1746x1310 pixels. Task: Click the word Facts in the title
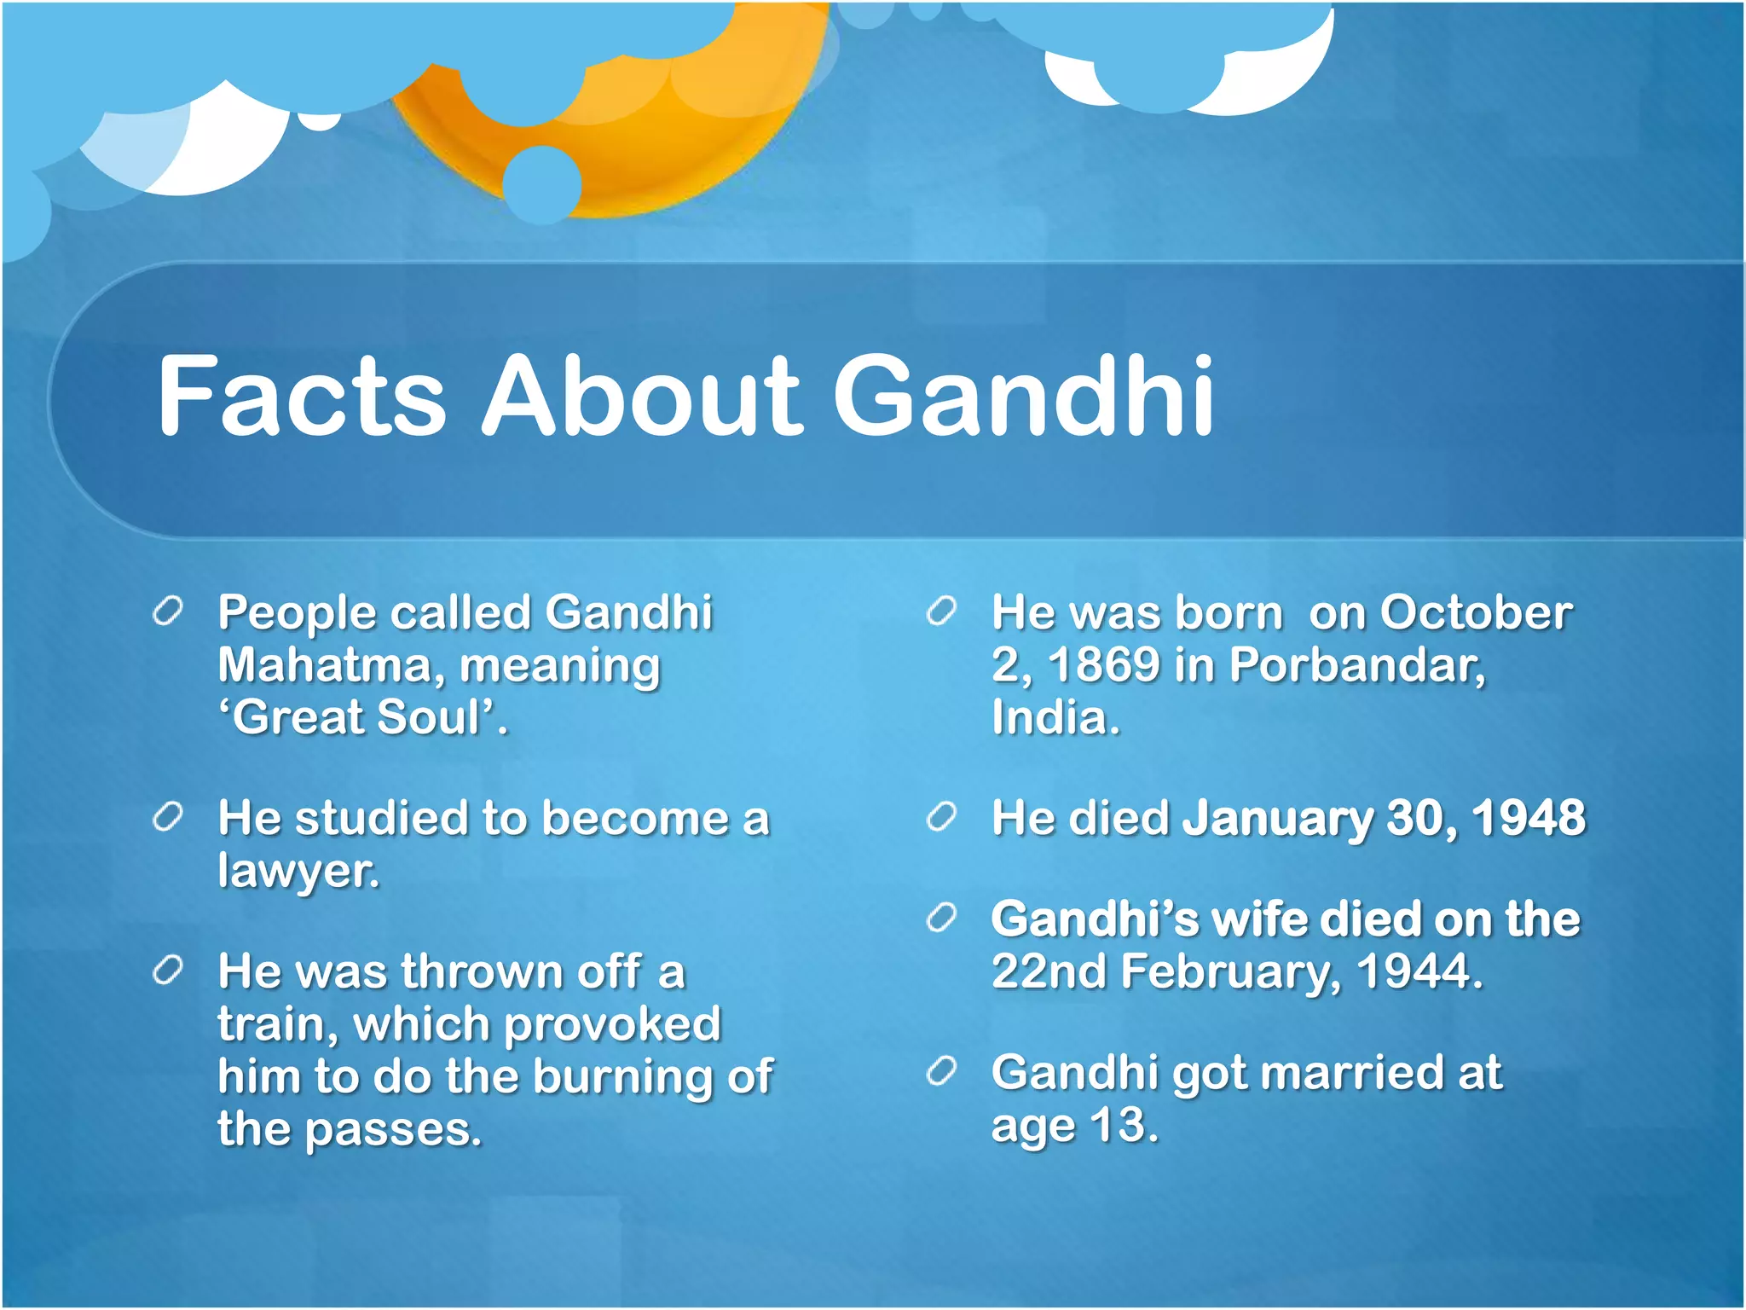click(302, 397)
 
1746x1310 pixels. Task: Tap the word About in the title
click(641, 397)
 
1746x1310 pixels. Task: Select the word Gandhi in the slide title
click(1023, 397)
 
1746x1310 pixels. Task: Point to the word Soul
click(429, 717)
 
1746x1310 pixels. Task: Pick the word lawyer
click(298, 872)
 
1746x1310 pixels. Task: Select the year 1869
click(1103, 665)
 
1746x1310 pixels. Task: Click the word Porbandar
click(1356, 665)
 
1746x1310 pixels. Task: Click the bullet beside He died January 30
click(942, 817)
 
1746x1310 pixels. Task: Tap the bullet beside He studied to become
click(167, 817)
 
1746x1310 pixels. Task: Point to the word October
click(1476, 613)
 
